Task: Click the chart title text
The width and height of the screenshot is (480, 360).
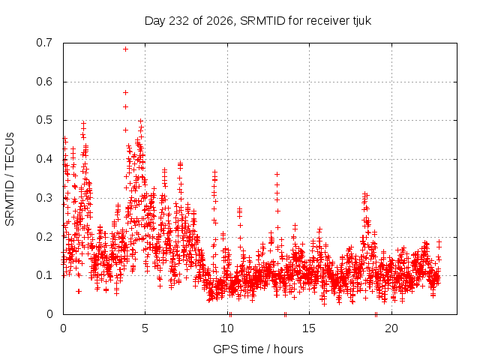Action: click(258, 21)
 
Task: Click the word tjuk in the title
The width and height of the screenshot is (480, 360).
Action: click(361, 21)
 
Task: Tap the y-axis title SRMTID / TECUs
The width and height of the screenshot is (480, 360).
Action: click(10, 179)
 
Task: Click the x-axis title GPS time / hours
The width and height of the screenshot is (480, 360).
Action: click(258, 349)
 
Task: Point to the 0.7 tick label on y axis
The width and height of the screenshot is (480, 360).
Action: click(44, 43)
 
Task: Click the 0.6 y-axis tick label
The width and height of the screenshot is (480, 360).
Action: click(44, 82)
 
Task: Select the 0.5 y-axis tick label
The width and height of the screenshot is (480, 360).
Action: click(44, 120)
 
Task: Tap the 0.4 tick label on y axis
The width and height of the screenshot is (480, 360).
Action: click(44, 159)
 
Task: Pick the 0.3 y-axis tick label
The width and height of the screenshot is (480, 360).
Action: click(44, 198)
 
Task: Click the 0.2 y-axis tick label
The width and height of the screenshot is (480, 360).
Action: click(44, 237)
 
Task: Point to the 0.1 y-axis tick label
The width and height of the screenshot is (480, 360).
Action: click(44, 275)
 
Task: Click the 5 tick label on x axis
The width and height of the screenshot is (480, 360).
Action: click(145, 328)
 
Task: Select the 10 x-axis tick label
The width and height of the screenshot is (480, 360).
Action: click(227, 328)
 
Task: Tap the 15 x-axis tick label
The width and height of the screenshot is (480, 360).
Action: click(309, 328)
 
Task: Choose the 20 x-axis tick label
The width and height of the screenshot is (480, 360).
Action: click(391, 328)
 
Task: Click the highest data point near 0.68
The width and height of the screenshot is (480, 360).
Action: click(125, 49)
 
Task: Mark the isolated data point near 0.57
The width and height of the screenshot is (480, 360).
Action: click(125, 92)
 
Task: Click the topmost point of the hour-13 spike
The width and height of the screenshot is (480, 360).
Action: click(277, 174)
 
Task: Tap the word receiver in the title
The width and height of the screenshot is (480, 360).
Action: click(328, 21)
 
